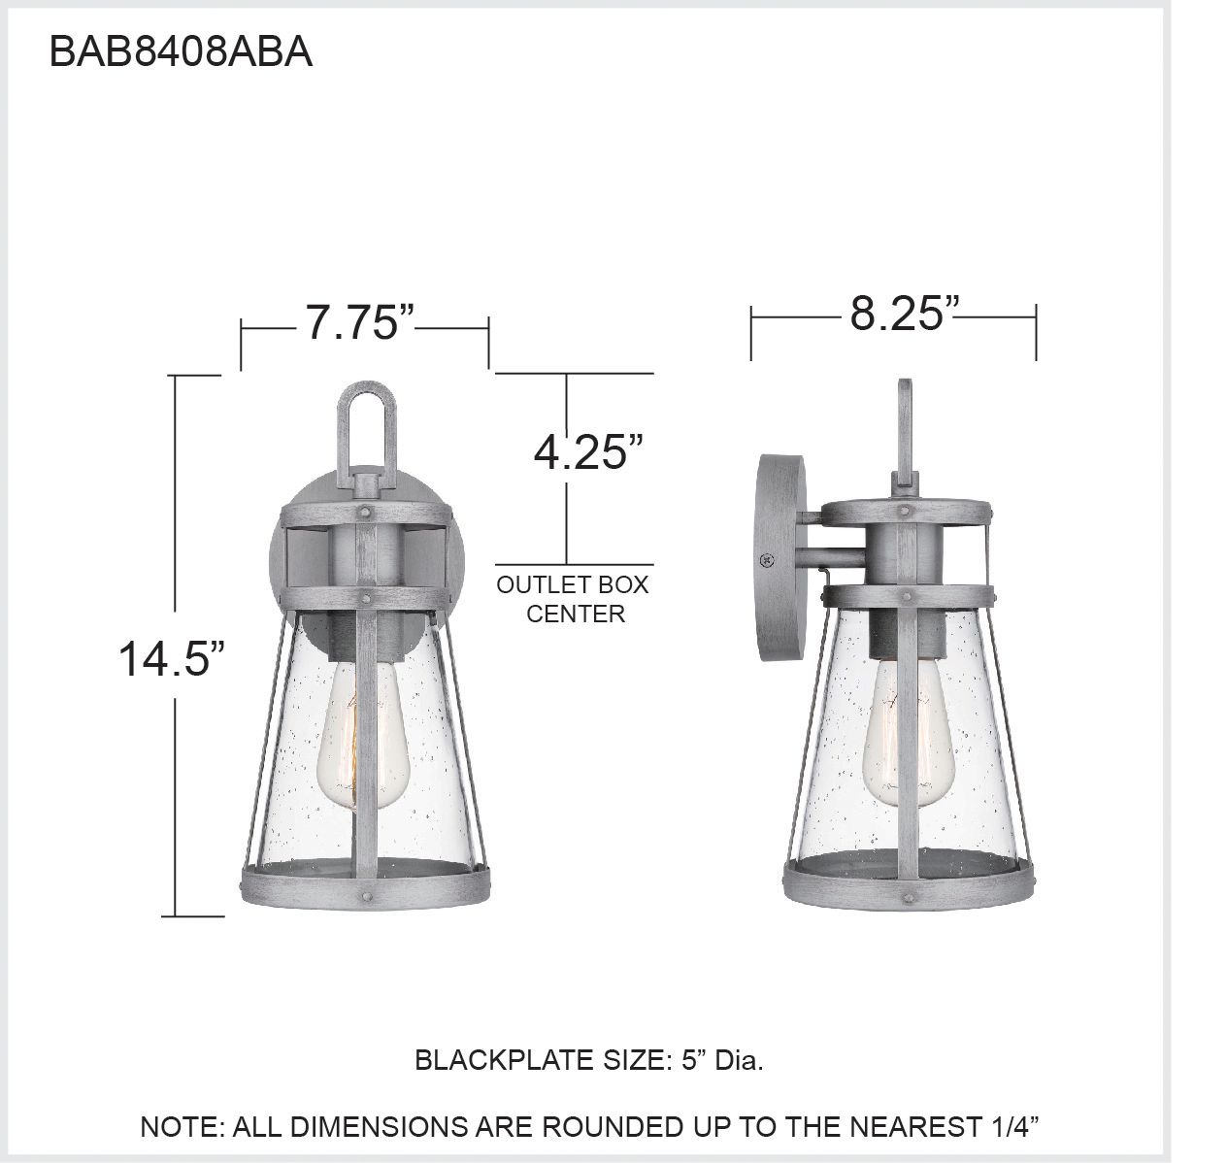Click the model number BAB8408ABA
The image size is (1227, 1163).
[x=181, y=52]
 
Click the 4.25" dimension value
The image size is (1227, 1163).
[x=589, y=451]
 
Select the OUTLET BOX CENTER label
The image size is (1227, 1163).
[x=573, y=599]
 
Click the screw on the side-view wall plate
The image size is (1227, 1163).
[x=767, y=559]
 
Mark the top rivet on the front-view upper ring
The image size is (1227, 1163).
[x=366, y=508]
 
